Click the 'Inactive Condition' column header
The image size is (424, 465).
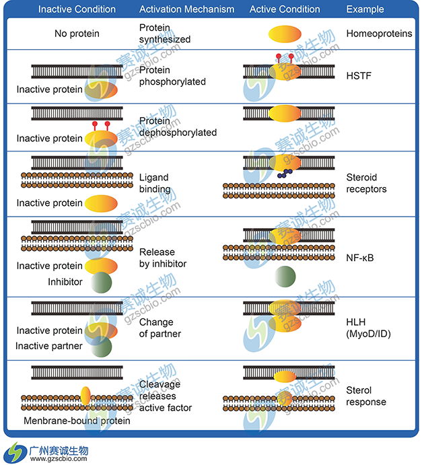[x=77, y=9]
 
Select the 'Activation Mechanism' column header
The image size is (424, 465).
[x=186, y=9]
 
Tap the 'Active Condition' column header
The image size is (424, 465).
[x=285, y=9]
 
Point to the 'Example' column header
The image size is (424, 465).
[x=365, y=9]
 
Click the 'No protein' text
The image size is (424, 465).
[x=77, y=33]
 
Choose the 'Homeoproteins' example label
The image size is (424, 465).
[x=379, y=33]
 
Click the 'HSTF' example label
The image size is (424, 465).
[x=358, y=76]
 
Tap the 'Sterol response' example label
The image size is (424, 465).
[x=366, y=396]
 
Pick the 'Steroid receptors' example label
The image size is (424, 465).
[x=366, y=183]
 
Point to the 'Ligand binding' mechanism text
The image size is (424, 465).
[x=154, y=184]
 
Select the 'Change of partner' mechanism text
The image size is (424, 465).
[x=160, y=328]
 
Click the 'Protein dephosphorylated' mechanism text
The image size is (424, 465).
[x=178, y=127]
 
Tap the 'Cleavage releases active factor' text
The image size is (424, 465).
[x=165, y=396]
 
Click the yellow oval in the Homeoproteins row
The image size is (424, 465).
[x=285, y=34]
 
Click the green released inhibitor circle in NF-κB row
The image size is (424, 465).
[x=285, y=275]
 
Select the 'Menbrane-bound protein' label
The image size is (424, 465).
[x=77, y=421]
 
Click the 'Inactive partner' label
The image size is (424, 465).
[x=50, y=347]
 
